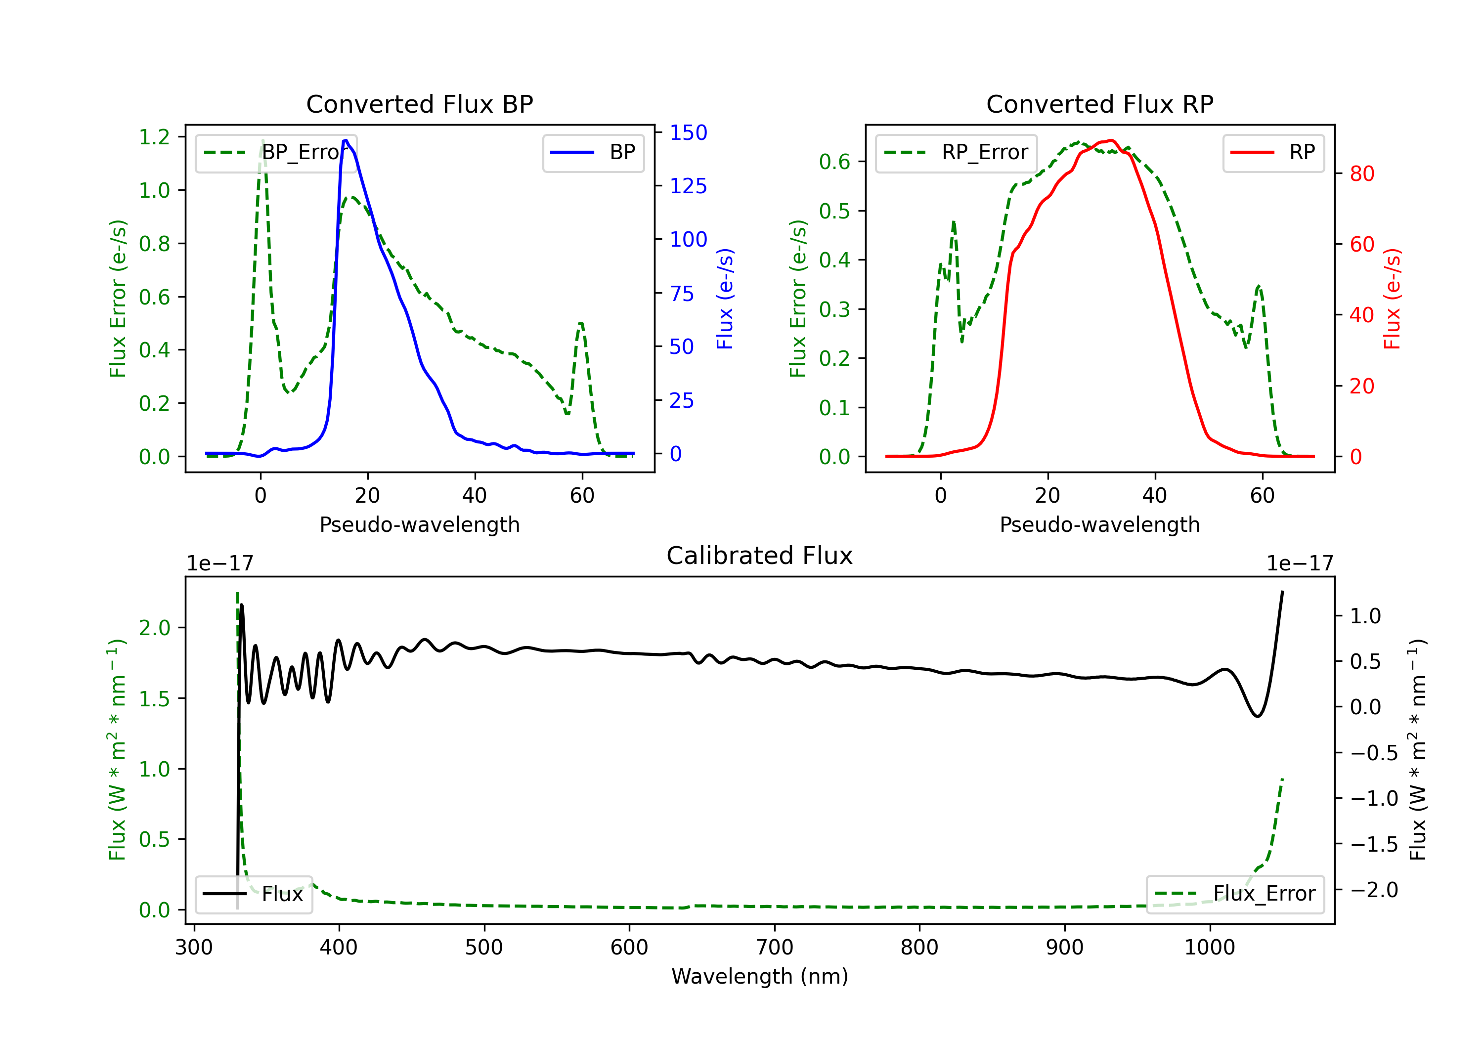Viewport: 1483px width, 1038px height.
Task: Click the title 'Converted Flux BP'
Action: pyautogui.click(x=419, y=104)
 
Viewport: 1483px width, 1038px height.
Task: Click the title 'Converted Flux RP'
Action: pyautogui.click(x=1099, y=104)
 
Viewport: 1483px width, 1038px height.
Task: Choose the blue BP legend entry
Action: pyautogui.click(x=593, y=152)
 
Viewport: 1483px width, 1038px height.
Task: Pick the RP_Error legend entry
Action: pyautogui.click(x=956, y=152)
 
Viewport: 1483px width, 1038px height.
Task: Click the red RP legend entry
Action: pyautogui.click(x=1273, y=152)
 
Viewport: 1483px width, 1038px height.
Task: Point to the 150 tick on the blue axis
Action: pyautogui.click(x=688, y=132)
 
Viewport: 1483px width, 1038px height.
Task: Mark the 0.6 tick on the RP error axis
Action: pyautogui.click(x=834, y=162)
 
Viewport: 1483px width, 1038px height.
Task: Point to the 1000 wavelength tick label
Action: pyautogui.click(x=1209, y=948)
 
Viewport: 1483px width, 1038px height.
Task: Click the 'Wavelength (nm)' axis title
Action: pyautogui.click(x=760, y=976)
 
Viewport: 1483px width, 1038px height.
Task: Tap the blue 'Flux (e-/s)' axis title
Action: pyautogui.click(x=725, y=299)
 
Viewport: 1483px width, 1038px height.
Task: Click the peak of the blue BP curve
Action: pyautogui.click(x=346, y=140)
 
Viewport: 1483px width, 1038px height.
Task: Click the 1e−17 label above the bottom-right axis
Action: pyautogui.click(x=1299, y=563)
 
